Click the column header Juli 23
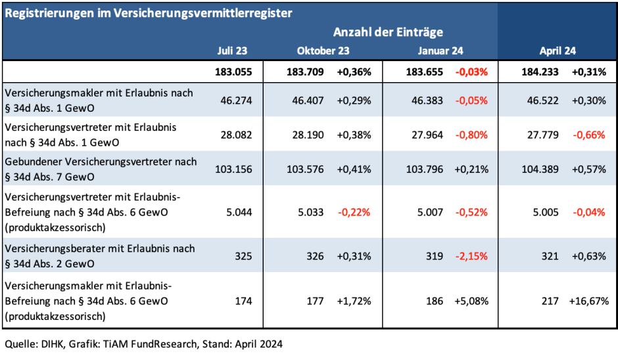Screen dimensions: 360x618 point(232,50)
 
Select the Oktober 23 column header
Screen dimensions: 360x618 point(323,50)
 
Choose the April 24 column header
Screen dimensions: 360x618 point(558,50)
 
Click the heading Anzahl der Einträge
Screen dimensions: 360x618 point(388,32)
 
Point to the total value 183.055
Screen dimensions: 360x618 point(233,72)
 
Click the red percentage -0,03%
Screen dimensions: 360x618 point(471,72)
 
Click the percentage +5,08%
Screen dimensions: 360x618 point(471,302)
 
